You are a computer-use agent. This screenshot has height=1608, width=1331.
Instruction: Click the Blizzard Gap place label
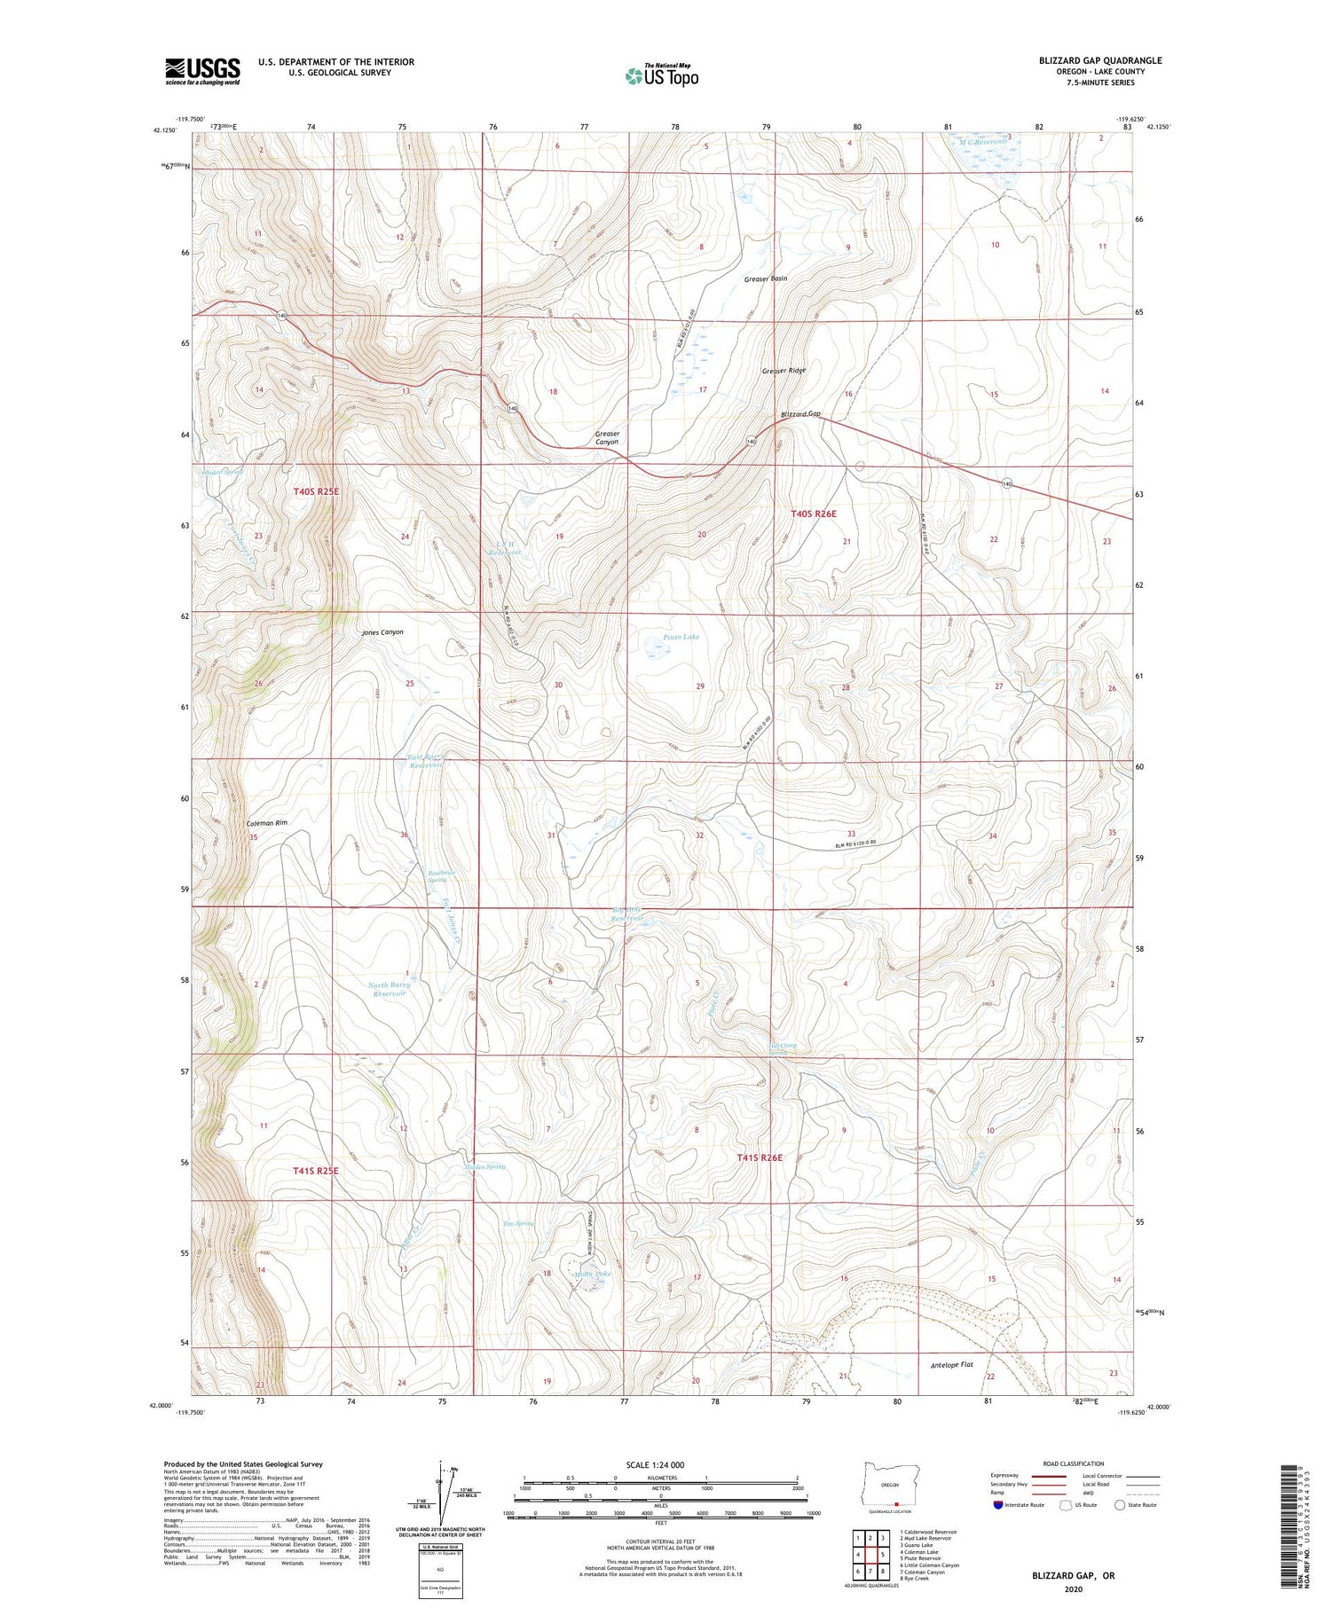[x=801, y=414]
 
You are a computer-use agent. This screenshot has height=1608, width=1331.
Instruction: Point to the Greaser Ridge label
[x=784, y=371]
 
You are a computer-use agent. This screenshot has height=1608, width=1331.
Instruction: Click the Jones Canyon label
[x=382, y=632]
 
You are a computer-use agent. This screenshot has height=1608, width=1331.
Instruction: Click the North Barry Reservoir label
[x=390, y=989]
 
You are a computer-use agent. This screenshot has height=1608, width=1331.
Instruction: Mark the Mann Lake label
[x=593, y=1274]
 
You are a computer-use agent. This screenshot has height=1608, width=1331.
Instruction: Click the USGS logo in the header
[x=202, y=71]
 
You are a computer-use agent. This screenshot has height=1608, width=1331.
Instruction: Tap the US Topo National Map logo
[x=661, y=75]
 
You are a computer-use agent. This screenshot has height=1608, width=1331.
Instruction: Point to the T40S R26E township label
[x=813, y=514]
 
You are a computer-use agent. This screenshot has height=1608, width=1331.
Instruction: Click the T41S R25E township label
[x=316, y=1171]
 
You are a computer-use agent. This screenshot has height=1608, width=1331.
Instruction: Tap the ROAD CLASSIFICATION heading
[x=1072, y=1463]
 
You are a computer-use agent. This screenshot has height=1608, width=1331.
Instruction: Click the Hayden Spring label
[x=484, y=1167]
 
